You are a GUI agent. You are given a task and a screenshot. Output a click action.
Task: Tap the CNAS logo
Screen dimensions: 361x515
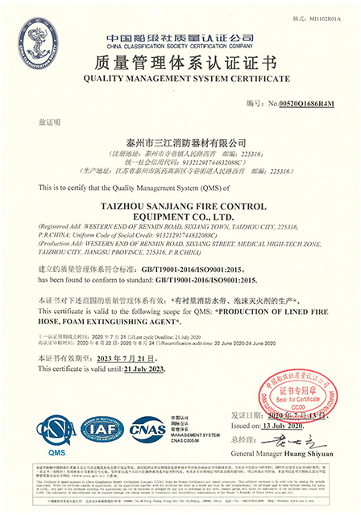(x=148, y=430)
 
